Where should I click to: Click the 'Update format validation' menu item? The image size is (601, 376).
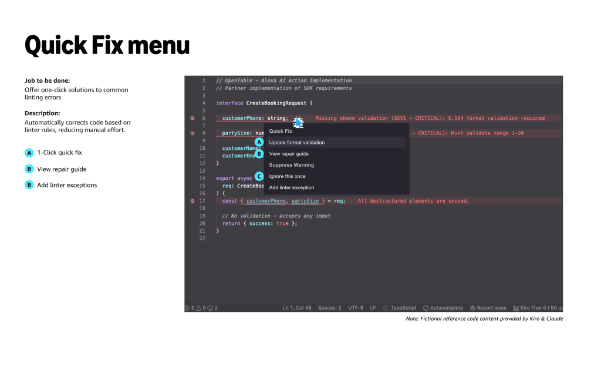(296, 142)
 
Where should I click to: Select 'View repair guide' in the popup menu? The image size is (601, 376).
(288, 154)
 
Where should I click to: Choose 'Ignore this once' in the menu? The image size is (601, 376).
(287, 176)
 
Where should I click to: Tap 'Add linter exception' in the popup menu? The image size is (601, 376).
(292, 187)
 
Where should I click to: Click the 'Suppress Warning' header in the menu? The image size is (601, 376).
(291, 165)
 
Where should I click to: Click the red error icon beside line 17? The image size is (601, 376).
(192, 201)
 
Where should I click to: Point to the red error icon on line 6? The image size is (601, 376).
(192, 118)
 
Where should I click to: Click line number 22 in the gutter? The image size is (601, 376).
(202, 239)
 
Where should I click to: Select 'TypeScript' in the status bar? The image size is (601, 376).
(403, 308)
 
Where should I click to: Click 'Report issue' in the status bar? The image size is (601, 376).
(491, 308)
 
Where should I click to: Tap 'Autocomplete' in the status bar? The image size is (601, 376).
(446, 308)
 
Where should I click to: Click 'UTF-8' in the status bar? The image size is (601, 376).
(356, 308)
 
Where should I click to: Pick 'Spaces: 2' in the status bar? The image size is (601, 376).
(329, 308)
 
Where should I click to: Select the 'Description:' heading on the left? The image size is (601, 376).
(42, 113)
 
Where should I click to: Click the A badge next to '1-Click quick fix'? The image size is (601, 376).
(29, 153)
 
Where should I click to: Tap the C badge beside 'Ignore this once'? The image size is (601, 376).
(259, 176)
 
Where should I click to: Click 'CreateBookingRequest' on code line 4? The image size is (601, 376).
(276, 103)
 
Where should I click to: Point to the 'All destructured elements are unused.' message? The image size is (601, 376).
(413, 201)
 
